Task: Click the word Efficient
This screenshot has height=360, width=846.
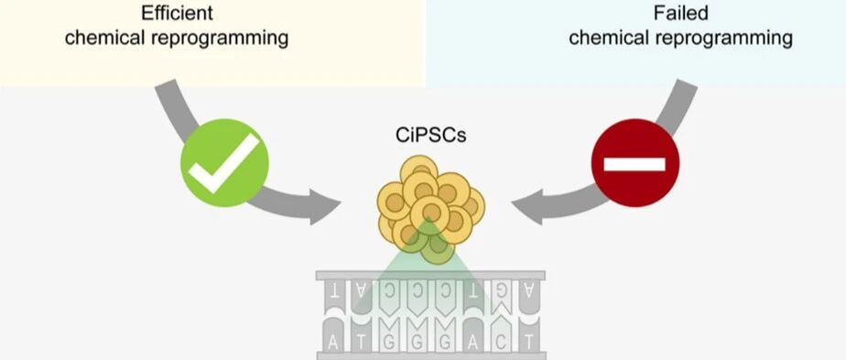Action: (x=177, y=13)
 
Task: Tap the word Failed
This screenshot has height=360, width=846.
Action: (x=680, y=13)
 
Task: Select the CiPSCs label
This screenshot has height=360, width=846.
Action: (x=430, y=136)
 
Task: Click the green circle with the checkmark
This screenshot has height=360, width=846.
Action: (x=224, y=163)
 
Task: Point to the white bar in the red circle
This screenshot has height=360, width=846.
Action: (x=634, y=164)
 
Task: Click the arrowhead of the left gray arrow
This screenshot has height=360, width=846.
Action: (x=325, y=207)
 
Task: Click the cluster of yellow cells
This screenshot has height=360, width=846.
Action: (x=431, y=209)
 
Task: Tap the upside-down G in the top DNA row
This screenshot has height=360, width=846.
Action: (x=501, y=290)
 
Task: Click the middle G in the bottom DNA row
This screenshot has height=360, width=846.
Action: (x=418, y=341)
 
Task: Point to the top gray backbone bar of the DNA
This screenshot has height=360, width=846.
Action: (x=430, y=275)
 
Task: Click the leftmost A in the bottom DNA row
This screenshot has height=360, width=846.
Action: (x=333, y=341)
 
